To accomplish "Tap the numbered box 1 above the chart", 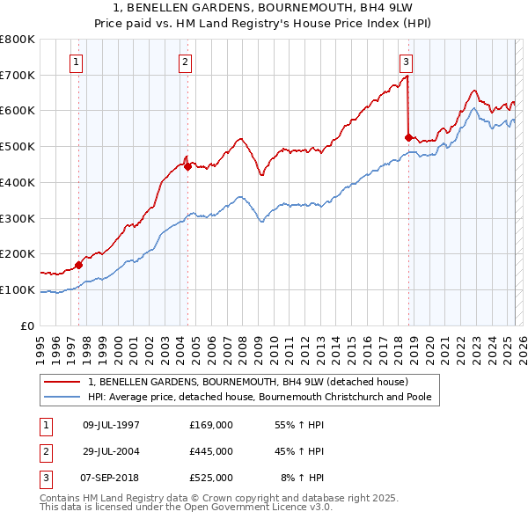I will [x=77, y=62].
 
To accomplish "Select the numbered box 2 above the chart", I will [x=186, y=62].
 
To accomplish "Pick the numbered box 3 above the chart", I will [x=406, y=62].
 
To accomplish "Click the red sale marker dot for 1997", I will [x=78, y=264].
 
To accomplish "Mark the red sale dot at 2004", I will [x=187, y=165].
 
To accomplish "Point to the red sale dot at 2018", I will [x=407, y=137].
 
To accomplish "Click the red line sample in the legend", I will [x=62, y=383].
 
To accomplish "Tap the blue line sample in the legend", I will [x=62, y=398].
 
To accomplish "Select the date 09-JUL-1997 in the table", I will [x=111, y=425].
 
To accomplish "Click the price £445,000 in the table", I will [x=211, y=451].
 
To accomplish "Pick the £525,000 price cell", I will [x=211, y=478].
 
